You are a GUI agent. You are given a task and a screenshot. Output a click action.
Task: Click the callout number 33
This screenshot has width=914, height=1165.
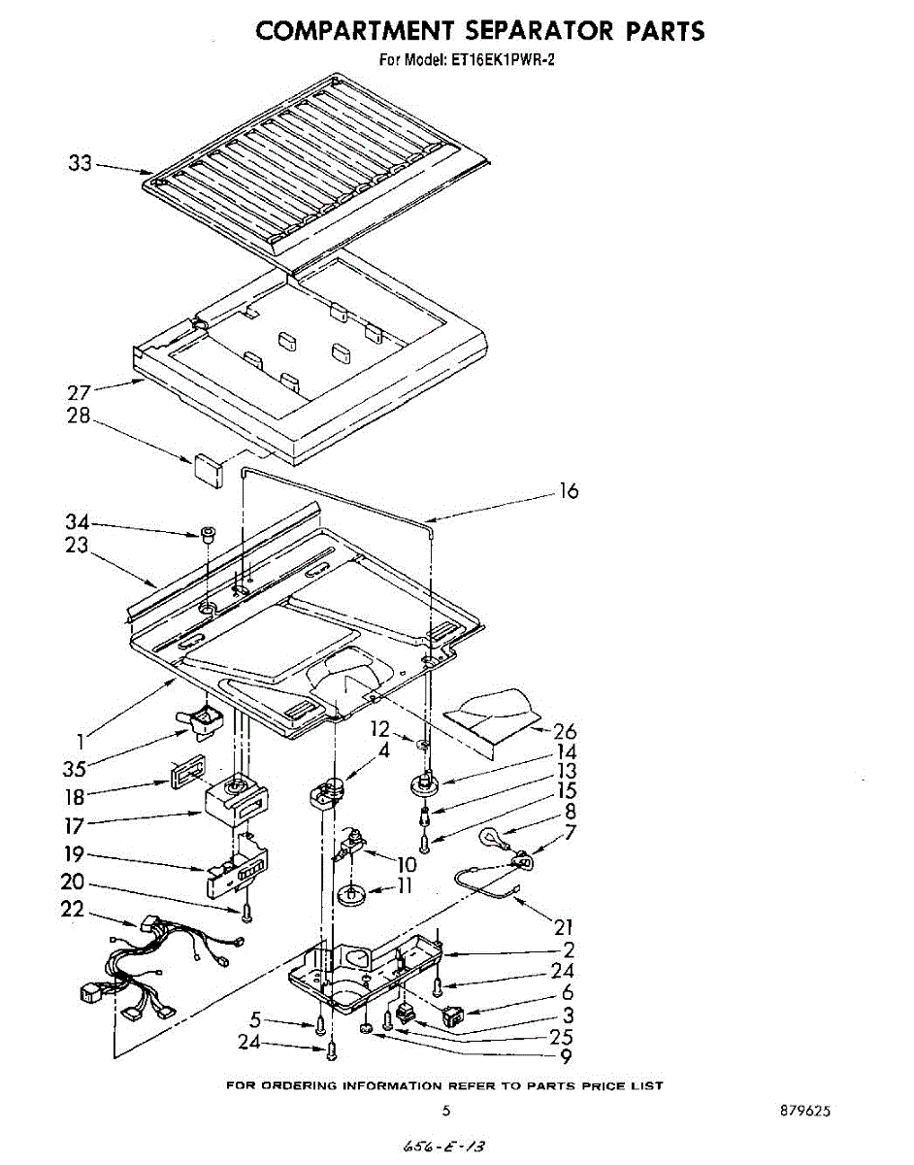coord(80,164)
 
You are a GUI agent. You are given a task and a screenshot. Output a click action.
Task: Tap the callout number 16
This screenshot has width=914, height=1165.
coord(569,491)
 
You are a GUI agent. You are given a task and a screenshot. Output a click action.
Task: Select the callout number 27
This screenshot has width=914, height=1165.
coord(79,393)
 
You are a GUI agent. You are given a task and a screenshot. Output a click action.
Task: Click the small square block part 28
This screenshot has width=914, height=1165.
coord(207,467)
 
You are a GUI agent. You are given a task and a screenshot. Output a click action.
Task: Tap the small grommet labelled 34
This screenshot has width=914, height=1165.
coord(207,532)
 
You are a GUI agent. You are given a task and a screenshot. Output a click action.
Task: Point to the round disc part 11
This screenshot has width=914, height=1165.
coord(352,891)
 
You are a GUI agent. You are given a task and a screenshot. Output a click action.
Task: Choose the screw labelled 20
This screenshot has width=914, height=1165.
coord(246,914)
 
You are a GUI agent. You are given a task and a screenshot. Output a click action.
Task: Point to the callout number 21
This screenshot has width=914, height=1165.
coord(564,927)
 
